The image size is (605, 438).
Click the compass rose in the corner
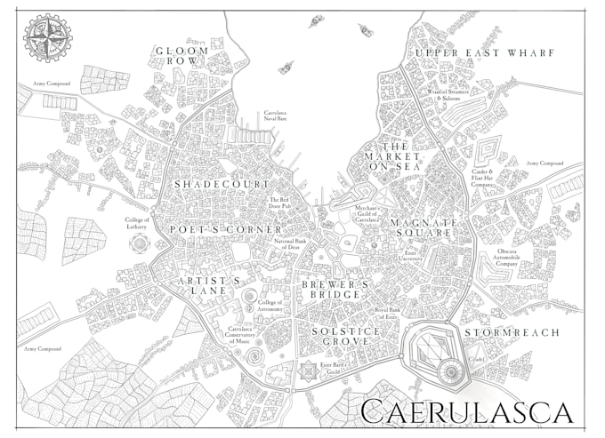coord(42,37)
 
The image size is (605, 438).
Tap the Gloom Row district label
coord(181,57)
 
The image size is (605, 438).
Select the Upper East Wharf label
coord(484,53)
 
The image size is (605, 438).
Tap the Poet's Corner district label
coord(214,228)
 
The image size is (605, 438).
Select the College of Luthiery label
coord(139,222)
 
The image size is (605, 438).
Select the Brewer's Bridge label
coord(334,289)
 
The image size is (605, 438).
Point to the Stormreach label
coord(523,332)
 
